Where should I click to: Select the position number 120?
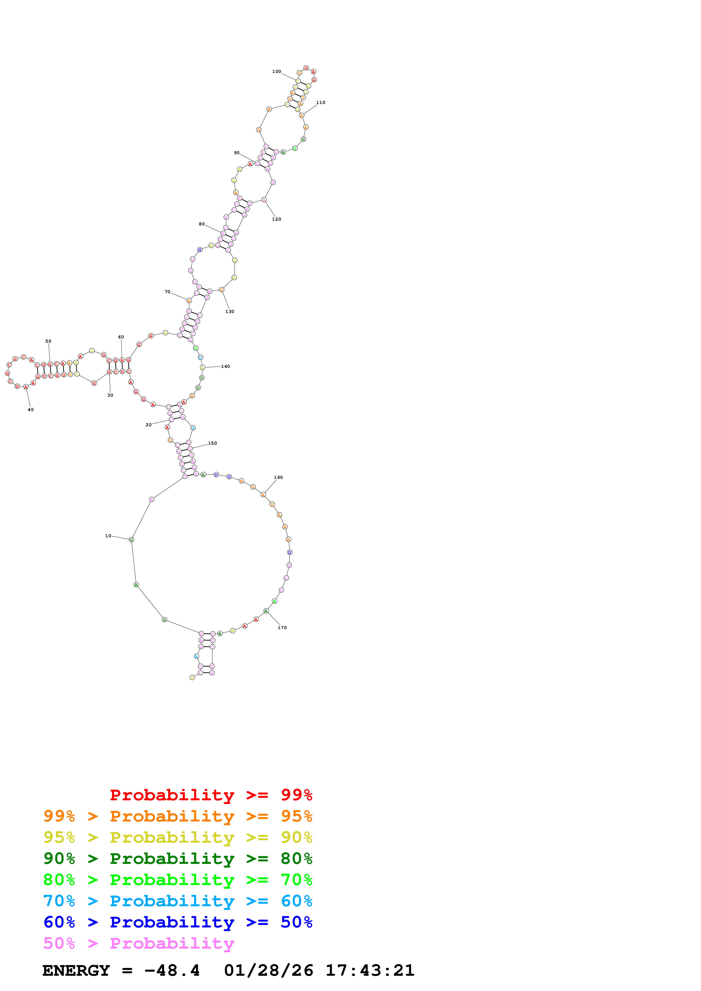point(277,219)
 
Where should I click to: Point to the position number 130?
point(230,312)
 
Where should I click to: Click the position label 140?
point(225,366)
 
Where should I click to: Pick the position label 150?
point(212,443)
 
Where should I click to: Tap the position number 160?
point(279,477)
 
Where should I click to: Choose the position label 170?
point(282,628)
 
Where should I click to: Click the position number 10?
point(108,536)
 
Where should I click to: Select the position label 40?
point(31,410)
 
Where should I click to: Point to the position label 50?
point(48,341)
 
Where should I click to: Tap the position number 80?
point(202,224)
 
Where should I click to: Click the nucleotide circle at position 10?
point(131,540)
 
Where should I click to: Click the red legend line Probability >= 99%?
point(211,795)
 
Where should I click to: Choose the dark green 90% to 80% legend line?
point(178,859)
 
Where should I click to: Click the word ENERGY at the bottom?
point(76,970)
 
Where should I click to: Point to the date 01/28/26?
point(269,970)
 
